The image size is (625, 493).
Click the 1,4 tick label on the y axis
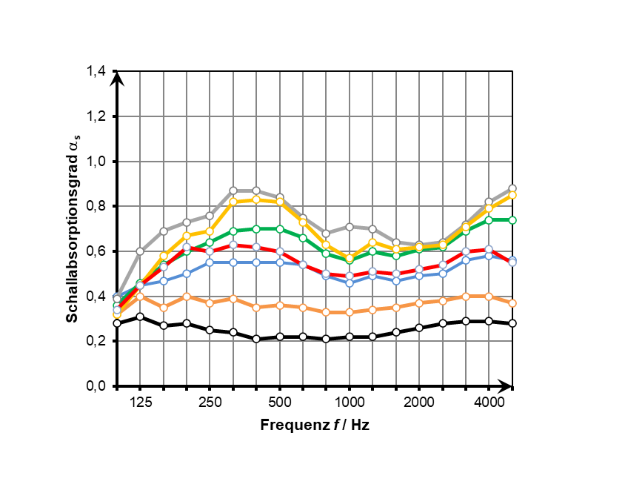96,71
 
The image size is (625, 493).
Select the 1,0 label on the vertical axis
96,161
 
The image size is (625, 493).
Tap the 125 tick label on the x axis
140,402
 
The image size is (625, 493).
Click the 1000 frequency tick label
349,402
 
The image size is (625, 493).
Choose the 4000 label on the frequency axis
489,402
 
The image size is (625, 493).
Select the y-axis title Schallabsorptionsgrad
72,228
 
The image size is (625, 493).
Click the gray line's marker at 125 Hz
140,251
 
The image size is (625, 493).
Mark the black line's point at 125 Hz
140,317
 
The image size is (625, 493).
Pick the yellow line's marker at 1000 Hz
349,258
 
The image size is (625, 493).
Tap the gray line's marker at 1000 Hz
349,227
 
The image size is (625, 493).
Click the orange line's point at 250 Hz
210,303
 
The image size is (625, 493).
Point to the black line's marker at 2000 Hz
419,328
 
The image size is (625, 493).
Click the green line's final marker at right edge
512,220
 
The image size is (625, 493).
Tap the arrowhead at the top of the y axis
117,79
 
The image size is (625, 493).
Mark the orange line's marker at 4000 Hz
489,296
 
